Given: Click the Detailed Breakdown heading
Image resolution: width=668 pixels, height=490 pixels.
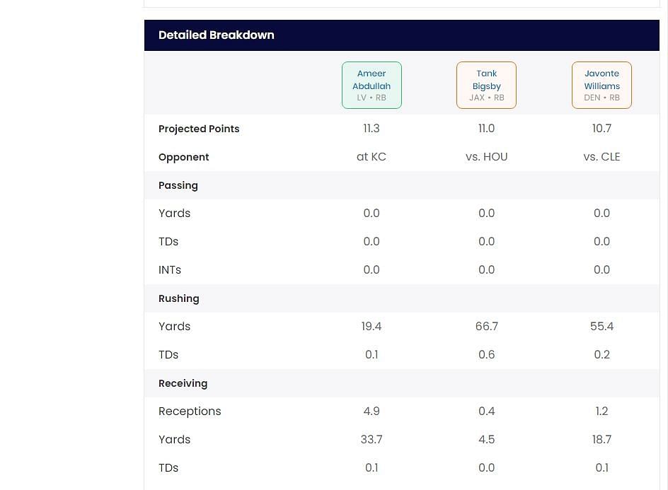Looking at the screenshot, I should click(x=217, y=35).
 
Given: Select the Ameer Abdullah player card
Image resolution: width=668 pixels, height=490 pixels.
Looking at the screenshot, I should click(x=372, y=86).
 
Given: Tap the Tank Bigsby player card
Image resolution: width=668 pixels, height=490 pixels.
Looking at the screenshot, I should click(x=486, y=86).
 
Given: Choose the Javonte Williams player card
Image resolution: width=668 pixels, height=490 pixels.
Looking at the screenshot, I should click(x=601, y=86).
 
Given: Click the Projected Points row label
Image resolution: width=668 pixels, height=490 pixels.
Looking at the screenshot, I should click(x=199, y=129).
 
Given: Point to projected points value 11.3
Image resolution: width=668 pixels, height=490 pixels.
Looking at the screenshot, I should click(x=372, y=129).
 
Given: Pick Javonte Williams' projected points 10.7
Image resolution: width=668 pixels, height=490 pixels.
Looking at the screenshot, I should click(x=601, y=129).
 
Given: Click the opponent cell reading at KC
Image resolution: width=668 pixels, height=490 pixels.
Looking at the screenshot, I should click(x=372, y=157).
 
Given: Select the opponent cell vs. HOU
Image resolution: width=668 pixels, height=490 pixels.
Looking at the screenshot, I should click(x=486, y=157).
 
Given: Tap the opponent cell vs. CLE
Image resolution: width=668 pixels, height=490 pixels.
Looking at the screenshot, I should click(x=601, y=157).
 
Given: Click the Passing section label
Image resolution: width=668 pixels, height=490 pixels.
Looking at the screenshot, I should click(x=178, y=185).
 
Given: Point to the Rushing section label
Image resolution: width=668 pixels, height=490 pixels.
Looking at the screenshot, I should click(x=179, y=298).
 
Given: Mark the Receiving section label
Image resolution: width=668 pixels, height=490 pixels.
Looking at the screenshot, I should click(x=183, y=383).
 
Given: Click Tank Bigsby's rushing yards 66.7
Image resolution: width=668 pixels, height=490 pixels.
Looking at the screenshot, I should click(x=486, y=327).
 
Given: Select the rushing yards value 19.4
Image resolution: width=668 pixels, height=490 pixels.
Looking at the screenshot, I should click(x=372, y=327).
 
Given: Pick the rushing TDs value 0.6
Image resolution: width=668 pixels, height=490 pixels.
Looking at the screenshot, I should click(x=486, y=355).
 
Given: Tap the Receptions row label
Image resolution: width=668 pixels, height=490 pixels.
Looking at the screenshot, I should click(x=190, y=412).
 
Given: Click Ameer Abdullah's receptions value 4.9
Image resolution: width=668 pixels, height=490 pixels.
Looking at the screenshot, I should click(x=372, y=412).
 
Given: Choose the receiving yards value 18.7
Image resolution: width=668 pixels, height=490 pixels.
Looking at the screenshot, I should click(x=601, y=440).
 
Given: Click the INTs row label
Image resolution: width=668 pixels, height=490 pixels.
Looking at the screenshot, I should click(x=170, y=270).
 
